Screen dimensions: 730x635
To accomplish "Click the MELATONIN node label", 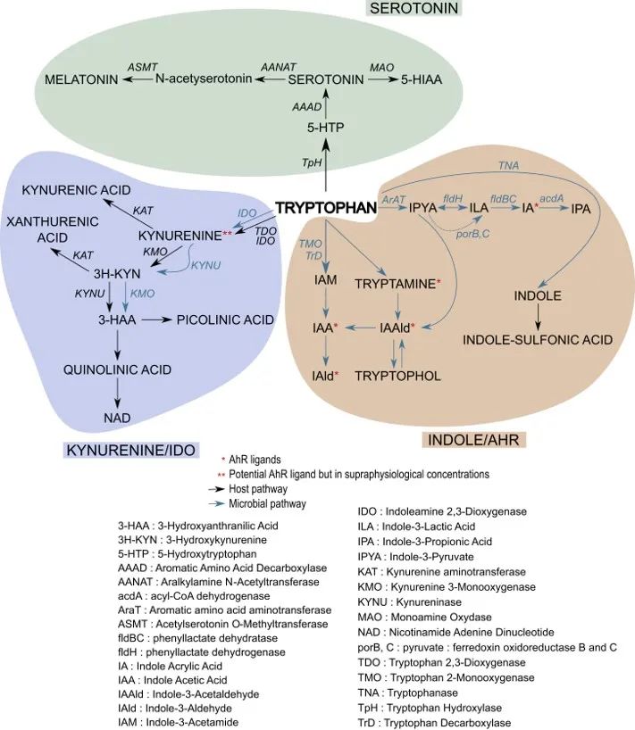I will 83,80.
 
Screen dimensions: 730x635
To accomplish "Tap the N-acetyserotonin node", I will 205,80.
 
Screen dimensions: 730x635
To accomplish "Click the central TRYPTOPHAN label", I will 326,208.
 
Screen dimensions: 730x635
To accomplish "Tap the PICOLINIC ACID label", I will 224,319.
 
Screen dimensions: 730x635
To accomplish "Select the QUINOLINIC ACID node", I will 116,369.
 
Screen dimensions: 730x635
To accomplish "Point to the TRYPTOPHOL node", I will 399,376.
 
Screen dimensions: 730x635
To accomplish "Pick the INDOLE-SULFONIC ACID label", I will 538,340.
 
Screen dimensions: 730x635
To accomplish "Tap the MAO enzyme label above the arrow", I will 381,68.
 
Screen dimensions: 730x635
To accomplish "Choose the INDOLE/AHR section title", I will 474,439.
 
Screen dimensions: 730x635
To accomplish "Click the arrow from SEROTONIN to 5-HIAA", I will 382,80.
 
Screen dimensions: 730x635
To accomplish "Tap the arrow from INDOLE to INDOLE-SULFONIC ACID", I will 538,317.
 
